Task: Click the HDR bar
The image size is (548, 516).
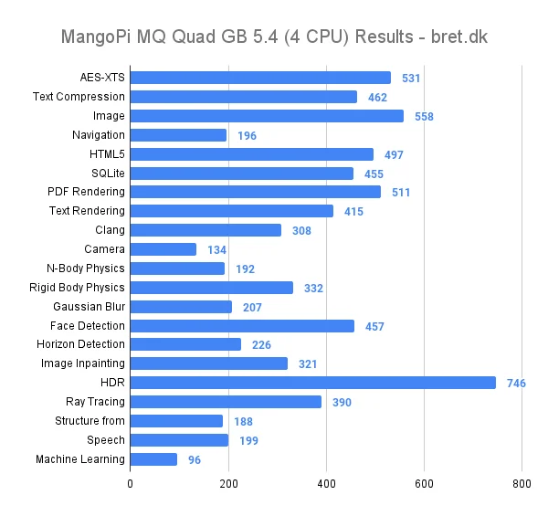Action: (312, 383)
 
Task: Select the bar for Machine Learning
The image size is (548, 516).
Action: (153, 459)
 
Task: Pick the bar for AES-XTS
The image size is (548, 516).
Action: (260, 78)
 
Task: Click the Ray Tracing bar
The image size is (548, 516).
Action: (226, 402)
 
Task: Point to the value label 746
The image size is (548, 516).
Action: (516, 384)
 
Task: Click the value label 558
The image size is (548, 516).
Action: (423, 116)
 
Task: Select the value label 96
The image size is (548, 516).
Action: (194, 460)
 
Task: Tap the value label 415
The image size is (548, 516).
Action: (353, 212)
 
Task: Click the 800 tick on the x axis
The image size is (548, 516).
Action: (522, 483)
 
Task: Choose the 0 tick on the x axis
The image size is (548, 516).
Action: (131, 483)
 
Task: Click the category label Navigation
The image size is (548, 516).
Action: (99, 135)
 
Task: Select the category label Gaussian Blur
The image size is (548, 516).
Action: (90, 307)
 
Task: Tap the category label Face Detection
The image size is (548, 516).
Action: (88, 326)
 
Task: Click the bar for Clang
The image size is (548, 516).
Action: (205, 230)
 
